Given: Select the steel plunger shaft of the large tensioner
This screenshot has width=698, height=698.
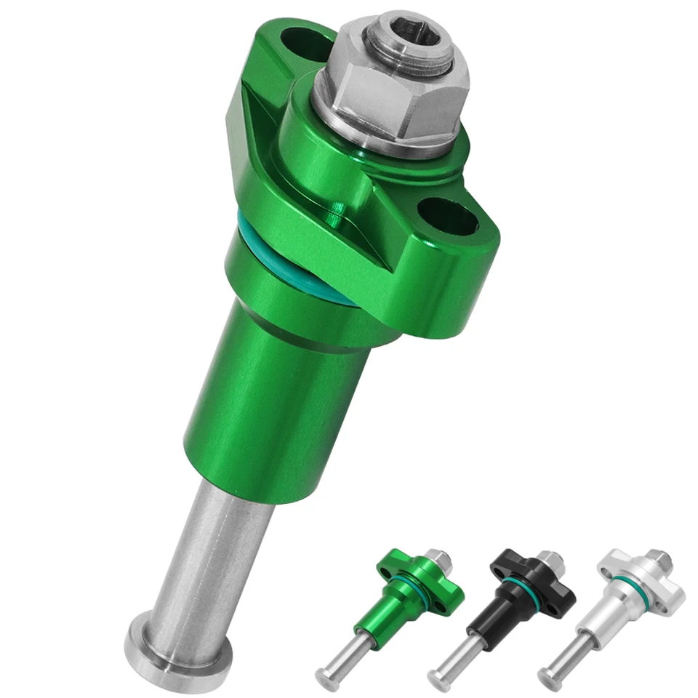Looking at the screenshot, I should click(211, 553).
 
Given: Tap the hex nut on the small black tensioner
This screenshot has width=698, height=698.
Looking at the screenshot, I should click(549, 561).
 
